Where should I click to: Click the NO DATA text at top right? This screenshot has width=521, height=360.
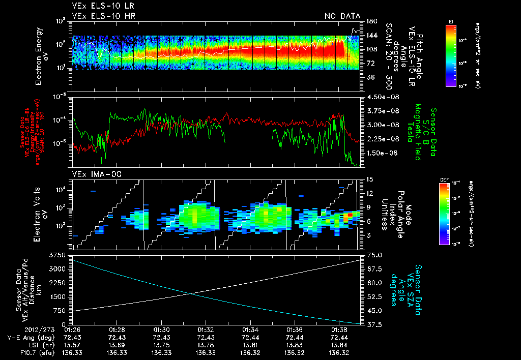[x=343, y=16]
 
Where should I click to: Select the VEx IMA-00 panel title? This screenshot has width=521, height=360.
[x=93, y=174]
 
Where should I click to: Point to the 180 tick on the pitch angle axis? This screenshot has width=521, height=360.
[x=371, y=21]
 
